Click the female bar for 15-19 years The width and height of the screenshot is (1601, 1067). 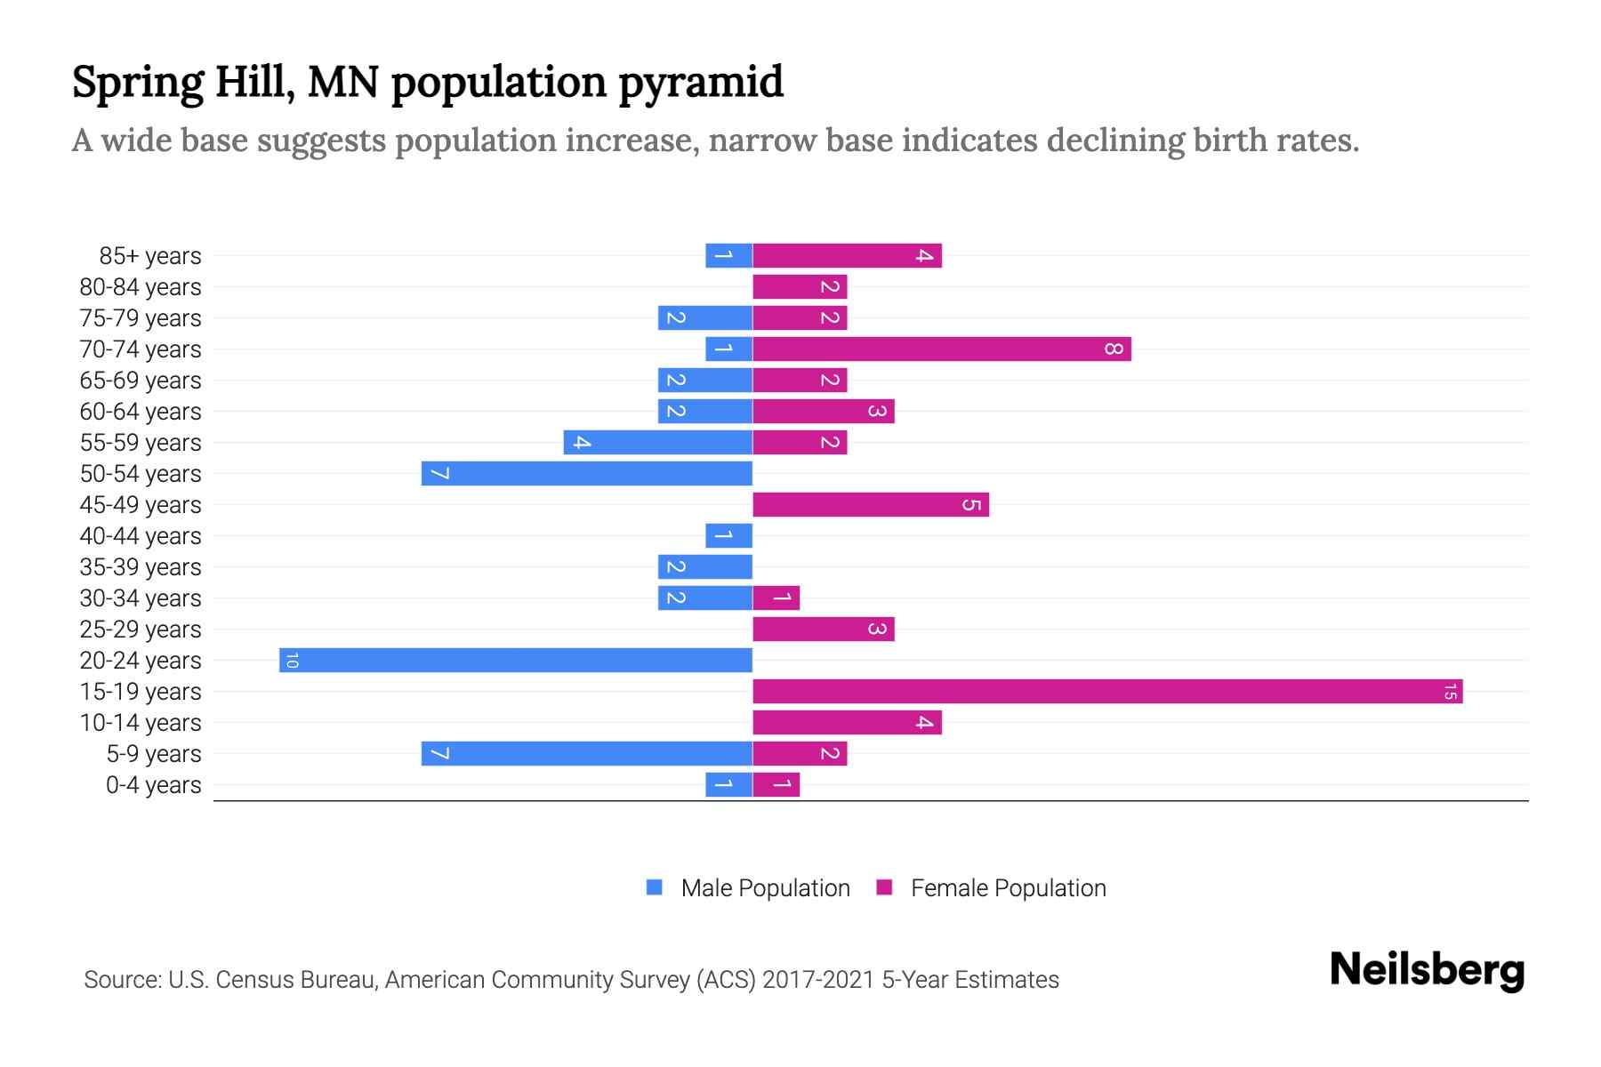(1107, 692)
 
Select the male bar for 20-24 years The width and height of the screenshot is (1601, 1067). (516, 661)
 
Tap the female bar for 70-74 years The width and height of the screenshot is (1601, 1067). (941, 349)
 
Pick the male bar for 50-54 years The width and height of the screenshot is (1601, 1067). (587, 474)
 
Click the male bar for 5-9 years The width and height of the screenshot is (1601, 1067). (587, 754)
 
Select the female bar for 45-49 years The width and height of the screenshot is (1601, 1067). (871, 505)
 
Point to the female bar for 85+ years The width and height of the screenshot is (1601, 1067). (847, 256)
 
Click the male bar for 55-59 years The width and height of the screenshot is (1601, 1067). (658, 443)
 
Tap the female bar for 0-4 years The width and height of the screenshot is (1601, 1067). (776, 785)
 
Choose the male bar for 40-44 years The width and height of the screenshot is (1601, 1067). (729, 536)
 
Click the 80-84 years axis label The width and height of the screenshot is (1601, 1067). (141, 287)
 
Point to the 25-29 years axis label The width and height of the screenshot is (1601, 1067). (141, 630)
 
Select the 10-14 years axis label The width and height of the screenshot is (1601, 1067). (141, 723)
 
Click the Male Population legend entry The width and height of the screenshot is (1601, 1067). (765, 888)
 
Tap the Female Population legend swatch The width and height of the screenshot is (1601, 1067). (884, 887)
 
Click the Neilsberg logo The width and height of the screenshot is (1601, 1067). (1427, 970)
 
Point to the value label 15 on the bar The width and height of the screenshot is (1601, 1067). (1450, 692)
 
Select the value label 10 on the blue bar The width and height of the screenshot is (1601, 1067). (292, 661)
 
